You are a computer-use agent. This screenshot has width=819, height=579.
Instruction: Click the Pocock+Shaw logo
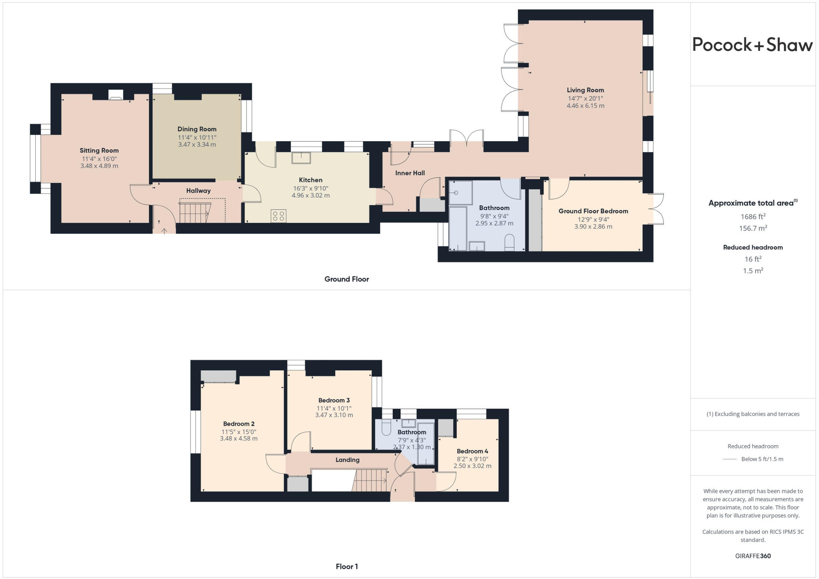point(752,44)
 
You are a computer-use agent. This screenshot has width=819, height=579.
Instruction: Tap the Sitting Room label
point(99,150)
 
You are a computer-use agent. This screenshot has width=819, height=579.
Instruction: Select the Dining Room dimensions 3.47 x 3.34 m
point(197,144)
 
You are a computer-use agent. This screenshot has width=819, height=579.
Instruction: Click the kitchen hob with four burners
point(278,216)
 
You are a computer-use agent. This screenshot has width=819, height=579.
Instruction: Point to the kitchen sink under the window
point(301,158)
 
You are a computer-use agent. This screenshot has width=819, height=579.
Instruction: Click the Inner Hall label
point(410,173)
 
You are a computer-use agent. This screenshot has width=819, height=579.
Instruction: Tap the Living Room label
point(585,90)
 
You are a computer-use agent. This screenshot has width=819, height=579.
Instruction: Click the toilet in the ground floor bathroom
point(509,243)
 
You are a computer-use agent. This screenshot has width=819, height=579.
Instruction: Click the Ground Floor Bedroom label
point(593,211)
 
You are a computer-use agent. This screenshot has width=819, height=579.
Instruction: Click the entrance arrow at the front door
point(164,231)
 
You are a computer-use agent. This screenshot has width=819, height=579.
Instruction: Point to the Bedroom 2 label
point(239,424)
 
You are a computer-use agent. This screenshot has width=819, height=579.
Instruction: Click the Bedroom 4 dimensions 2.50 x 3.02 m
point(472,466)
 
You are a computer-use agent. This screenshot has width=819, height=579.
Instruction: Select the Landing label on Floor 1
point(347,460)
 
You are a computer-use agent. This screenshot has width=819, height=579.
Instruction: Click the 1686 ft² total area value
point(753,216)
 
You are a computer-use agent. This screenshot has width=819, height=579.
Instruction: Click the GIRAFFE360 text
point(753,556)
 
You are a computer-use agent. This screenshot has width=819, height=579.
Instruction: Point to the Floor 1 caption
point(347,566)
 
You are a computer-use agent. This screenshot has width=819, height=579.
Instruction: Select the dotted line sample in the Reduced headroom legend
point(730,459)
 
